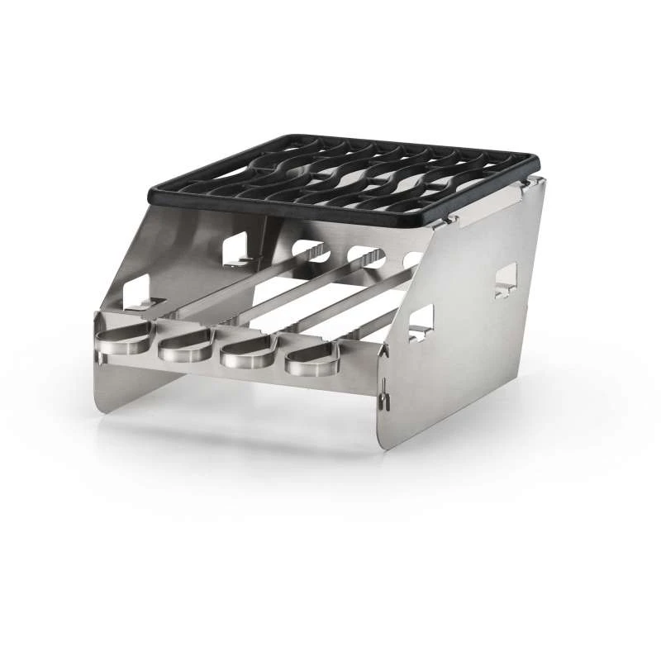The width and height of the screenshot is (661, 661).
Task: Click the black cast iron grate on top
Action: [x=347, y=178]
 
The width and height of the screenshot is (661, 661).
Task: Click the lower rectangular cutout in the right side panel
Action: [x=421, y=322]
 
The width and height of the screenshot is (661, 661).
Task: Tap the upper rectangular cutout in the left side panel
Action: [x=235, y=248]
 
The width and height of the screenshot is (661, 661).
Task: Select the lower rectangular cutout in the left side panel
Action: [x=136, y=293]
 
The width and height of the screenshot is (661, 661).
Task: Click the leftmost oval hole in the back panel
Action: [x=310, y=249]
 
